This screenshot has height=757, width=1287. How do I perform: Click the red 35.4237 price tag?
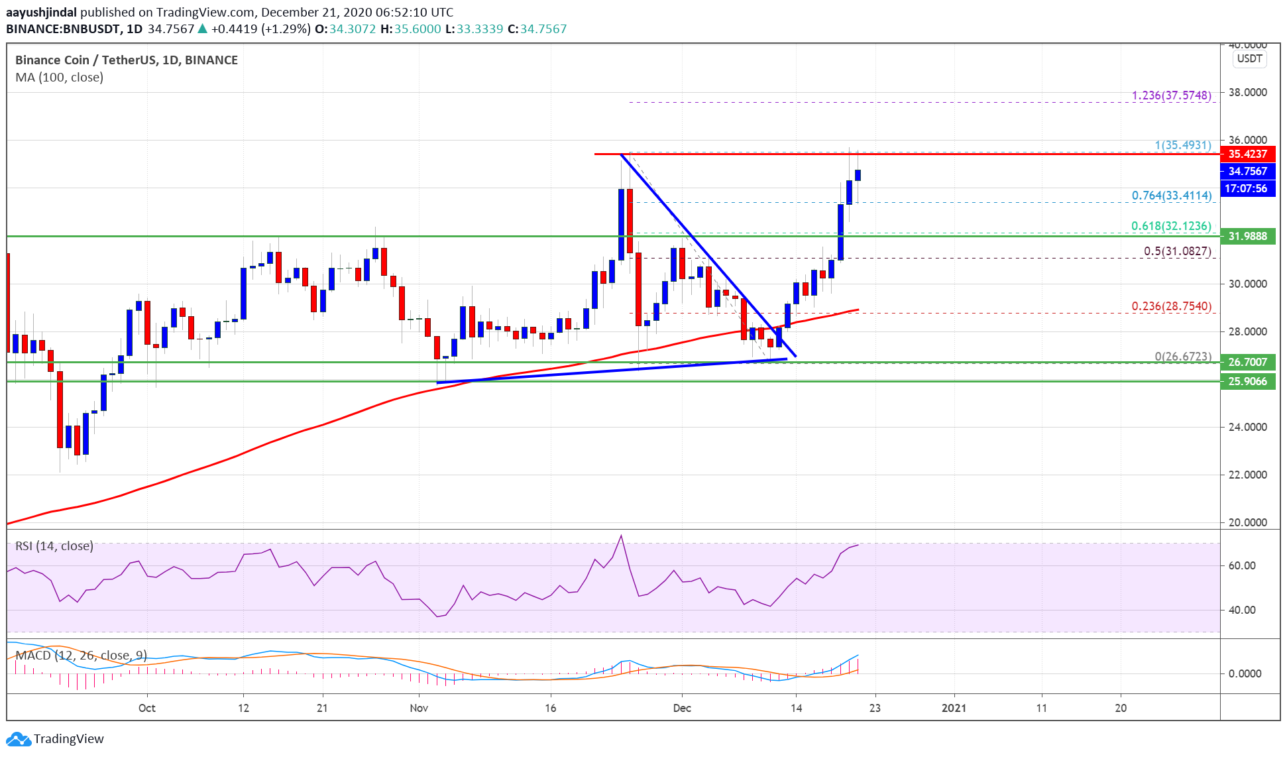[1247, 154]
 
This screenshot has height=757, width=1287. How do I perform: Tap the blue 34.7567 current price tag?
[1247, 171]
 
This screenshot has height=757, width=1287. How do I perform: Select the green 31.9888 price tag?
[1247, 236]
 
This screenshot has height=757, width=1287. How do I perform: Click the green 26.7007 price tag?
[1247, 362]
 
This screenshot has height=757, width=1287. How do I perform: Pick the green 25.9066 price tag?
[1247, 381]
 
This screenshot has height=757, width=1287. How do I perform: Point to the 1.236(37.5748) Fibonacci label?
[1171, 95]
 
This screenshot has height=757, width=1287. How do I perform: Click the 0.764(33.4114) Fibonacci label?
[1171, 196]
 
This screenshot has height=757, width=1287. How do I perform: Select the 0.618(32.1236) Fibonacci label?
[1171, 226]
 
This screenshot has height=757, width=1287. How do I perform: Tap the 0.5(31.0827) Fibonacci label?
[1177, 251]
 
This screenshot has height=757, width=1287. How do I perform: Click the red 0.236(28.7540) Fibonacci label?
[1171, 306]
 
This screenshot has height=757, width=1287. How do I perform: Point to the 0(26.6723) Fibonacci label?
[1182, 357]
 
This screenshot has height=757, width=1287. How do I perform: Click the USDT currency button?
[1249, 58]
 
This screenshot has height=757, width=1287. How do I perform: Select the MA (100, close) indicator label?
[60, 78]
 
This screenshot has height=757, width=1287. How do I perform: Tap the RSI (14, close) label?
[54, 546]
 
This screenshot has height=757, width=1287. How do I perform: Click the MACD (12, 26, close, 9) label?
[81, 656]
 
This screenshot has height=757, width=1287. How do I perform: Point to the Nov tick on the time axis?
[419, 708]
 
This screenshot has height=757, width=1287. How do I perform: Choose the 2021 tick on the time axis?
[954, 708]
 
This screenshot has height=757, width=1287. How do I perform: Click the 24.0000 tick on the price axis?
[1247, 427]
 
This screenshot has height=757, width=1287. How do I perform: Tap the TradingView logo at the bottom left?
[56, 738]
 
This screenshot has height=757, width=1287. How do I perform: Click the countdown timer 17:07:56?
[1246, 189]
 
